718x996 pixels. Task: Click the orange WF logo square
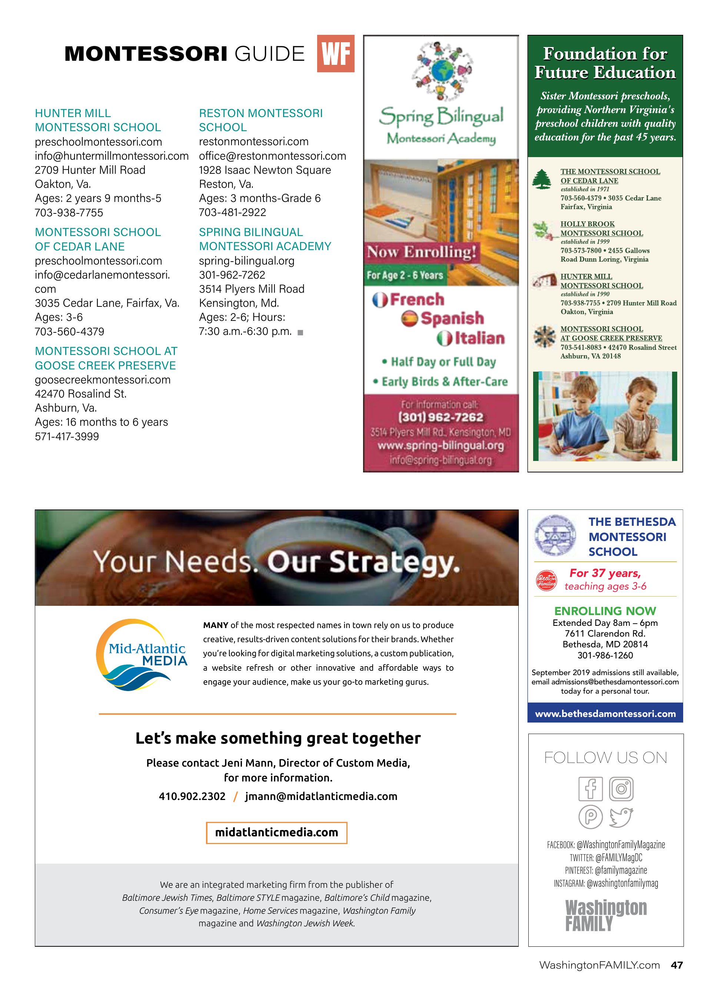[x=336, y=54]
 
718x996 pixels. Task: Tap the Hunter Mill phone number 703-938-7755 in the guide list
[x=69, y=213]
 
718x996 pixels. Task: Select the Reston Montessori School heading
[x=260, y=120]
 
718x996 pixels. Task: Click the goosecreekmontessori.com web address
[x=103, y=380]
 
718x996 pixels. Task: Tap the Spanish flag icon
[x=409, y=318]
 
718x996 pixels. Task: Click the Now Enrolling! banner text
[x=422, y=252]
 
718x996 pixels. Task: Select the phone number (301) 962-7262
[x=441, y=417]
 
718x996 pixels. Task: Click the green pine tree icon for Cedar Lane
[x=542, y=179]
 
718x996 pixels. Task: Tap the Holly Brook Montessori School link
[x=601, y=228]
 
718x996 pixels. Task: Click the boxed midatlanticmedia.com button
[x=277, y=833]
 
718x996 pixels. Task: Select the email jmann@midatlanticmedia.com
[x=321, y=796]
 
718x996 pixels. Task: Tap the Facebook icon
[x=591, y=789]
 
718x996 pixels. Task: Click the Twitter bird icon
[x=621, y=817]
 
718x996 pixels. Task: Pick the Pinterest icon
[x=591, y=817]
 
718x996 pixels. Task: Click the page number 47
[x=677, y=965]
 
